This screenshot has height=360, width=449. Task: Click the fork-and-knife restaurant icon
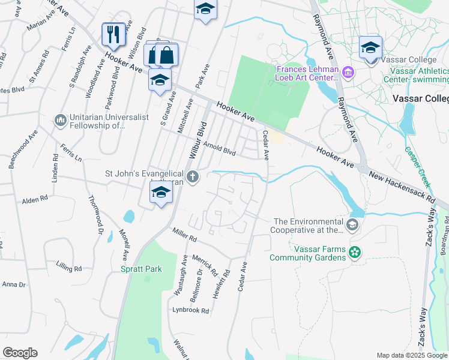[113, 34]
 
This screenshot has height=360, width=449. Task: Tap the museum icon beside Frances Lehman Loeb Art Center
[348, 73]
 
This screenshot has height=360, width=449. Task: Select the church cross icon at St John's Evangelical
[193, 176]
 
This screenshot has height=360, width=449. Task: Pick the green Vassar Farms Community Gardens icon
[355, 253]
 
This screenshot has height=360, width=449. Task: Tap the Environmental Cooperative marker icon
[352, 225]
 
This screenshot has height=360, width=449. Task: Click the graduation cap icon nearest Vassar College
[370, 47]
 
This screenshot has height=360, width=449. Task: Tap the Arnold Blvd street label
[219, 147]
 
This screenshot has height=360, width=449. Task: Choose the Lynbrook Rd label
[190, 311]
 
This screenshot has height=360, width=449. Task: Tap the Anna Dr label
[14, 284]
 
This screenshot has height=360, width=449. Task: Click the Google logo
[20, 353]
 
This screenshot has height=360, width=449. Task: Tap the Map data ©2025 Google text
[411, 355]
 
